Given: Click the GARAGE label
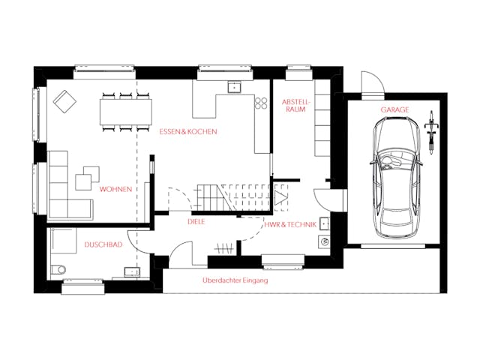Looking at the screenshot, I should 394,109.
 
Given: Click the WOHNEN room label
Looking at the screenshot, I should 115,190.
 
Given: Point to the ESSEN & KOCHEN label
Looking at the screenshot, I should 187,132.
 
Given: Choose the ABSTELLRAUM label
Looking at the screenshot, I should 295,105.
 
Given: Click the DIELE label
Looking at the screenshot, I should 196,222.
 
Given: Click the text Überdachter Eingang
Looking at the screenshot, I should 235,280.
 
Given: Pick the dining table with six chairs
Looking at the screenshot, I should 125,112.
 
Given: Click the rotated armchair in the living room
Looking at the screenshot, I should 64,100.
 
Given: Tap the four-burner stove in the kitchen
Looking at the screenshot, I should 261,103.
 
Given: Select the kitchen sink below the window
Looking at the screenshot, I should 233,85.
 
